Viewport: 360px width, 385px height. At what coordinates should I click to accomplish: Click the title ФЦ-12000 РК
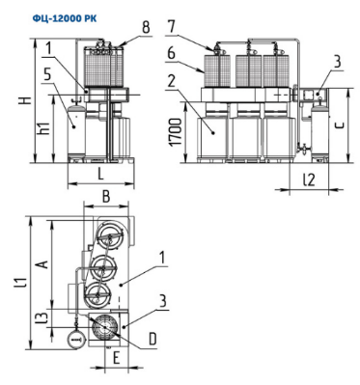65,19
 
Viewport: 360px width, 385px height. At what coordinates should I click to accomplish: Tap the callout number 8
146,27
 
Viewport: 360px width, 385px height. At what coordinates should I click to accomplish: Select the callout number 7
172,27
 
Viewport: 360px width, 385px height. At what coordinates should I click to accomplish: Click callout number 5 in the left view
47,74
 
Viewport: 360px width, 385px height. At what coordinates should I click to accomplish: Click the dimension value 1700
177,132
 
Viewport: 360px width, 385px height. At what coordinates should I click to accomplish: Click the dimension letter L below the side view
101,175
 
